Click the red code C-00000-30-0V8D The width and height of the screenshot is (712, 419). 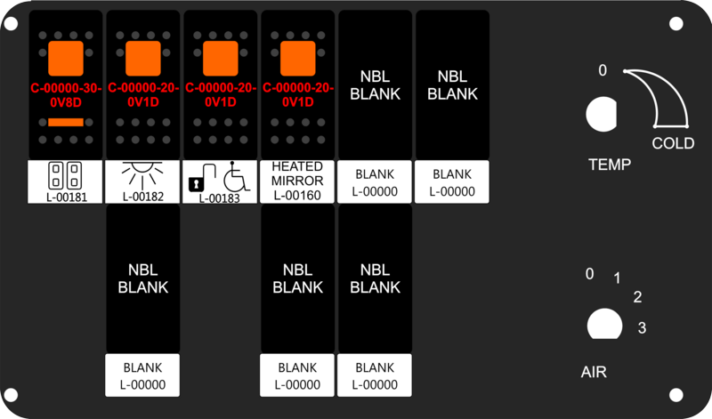point(66,95)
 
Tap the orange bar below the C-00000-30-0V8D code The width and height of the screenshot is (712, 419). point(66,122)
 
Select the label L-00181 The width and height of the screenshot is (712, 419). point(66,197)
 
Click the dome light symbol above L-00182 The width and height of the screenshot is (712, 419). point(142,174)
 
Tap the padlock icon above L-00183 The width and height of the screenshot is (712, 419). point(196,184)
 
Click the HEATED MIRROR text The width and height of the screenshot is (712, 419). point(297,173)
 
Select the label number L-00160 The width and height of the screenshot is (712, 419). point(297,195)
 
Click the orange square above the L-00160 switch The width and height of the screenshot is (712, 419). point(298,59)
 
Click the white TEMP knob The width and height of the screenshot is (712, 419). point(602,115)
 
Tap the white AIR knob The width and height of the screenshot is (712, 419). point(604,324)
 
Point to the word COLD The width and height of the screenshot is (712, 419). point(673,143)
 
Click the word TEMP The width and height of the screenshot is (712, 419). point(610,165)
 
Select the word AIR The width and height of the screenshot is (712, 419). point(594,372)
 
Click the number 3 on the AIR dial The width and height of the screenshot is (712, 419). point(642,327)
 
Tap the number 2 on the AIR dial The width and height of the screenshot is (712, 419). point(637,297)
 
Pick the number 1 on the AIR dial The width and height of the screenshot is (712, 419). point(617,278)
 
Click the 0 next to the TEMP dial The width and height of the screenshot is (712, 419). point(603,70)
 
